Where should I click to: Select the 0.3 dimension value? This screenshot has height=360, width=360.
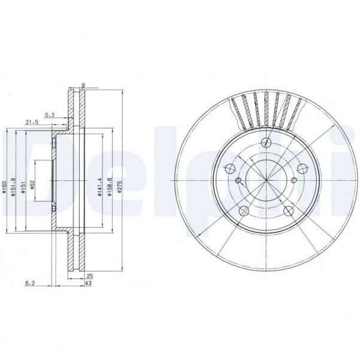pyautogui.click(x=50, y=114)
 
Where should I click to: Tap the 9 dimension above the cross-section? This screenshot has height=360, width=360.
pyautogui.click(x=83, y=85)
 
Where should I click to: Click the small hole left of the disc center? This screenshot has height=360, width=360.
pyautogui.click(x=238, y=181)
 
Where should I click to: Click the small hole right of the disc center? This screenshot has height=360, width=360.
pyautogui.click(x=293, y=181)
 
